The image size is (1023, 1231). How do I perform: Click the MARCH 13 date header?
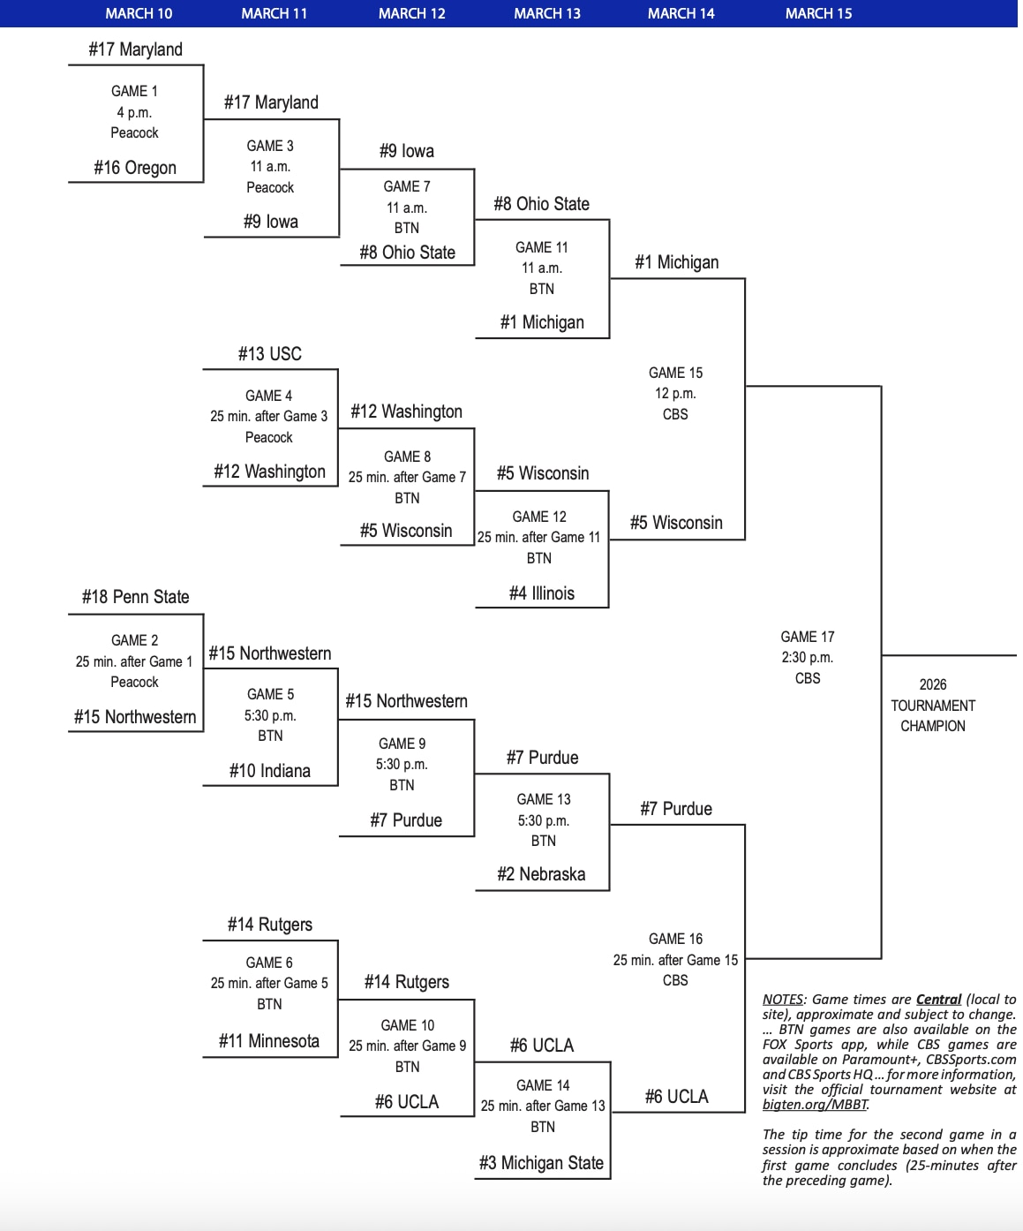point(547,13)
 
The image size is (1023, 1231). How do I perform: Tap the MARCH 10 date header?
point(139,13)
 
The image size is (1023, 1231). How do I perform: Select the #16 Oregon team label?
point(135,168)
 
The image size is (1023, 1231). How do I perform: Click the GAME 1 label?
point(135,91)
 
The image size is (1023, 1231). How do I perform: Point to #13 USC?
point(269,354)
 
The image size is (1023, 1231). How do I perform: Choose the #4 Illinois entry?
point(541,593)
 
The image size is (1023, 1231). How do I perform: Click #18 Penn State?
point(135,597)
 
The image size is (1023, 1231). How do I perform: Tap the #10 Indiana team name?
point(269,771)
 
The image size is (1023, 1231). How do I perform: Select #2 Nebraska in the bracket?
point(541,874)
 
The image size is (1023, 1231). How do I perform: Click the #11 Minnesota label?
point(269,1041)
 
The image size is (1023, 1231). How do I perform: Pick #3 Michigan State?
point(541,1163)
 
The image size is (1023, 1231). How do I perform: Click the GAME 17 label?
point(808,637)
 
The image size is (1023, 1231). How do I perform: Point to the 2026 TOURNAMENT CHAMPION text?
point(933,706)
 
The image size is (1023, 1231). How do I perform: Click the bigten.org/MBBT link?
point(815,1105)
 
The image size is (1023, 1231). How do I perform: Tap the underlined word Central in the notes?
point(938,1000)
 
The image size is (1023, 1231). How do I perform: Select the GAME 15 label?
point(675,373)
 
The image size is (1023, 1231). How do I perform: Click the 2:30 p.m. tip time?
point(808,657)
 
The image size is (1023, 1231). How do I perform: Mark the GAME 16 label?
point(675,939)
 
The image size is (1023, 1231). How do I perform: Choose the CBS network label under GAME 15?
point(675,414)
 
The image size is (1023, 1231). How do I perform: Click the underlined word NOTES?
point(783,1000)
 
